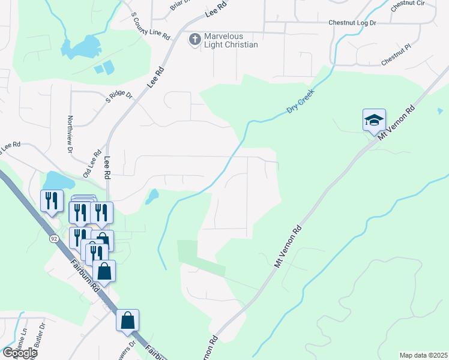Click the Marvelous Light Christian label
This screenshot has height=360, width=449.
click(231, 41)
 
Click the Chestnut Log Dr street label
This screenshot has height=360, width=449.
click(352, 23)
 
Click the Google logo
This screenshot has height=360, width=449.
click(19, 353)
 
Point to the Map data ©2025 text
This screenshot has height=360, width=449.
click(423, 355)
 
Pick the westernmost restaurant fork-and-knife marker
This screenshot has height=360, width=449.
click(52, 200)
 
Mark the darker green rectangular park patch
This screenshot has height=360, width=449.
click(187, 251)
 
